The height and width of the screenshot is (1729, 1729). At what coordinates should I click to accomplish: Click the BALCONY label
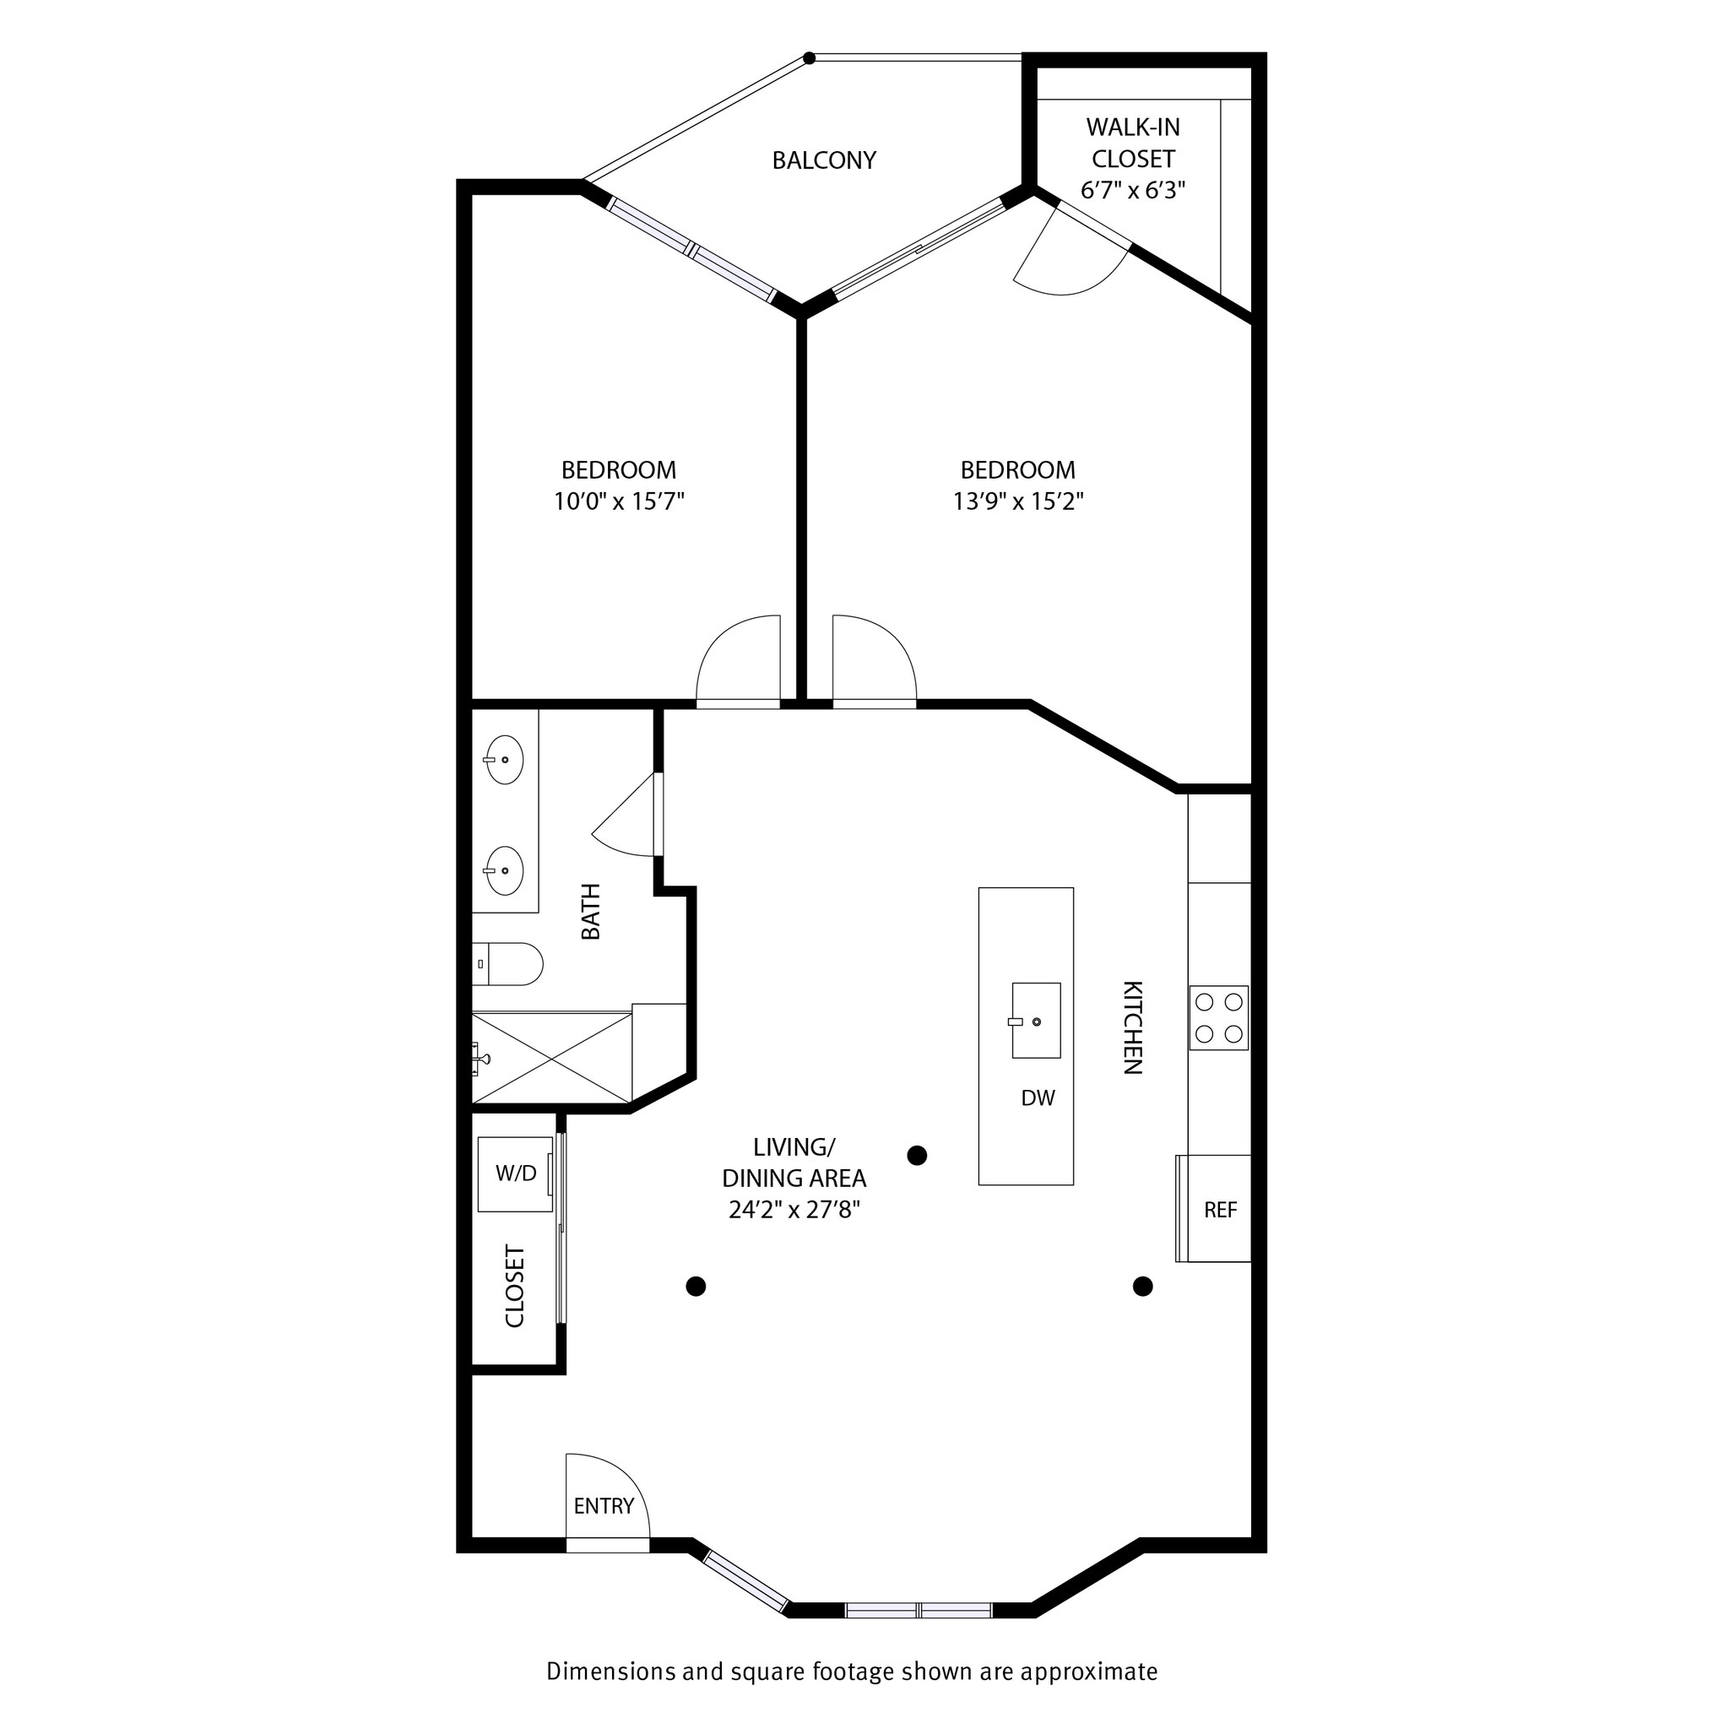pyautogui.click(x=823, y=160)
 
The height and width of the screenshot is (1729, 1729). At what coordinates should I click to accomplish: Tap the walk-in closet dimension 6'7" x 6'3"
pyautogui.click(x=1132, y=191)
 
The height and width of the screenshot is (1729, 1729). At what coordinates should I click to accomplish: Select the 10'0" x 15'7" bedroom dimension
pyautogui.click(x=618, y=501)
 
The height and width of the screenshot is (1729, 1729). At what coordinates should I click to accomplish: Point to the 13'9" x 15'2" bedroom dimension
pyautogui.click(x=1017, y=501)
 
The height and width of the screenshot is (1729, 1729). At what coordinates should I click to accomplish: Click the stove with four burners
pyautogui.click(x=1218, y=1017)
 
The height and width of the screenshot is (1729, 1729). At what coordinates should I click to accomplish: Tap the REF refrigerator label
pyautogui.click(x=1220, y=1210)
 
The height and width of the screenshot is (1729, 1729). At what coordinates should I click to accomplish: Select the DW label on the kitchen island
pyautogui.click(x=1038, y=1098)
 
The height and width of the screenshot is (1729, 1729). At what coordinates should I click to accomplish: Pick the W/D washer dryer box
pyautogui.click(x=515, y=1173)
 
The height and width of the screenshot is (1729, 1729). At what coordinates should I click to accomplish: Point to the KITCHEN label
pyautogui.click(x=1132, y=1027)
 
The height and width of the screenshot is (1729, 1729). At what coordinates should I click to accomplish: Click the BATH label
pyautogui.click(x=591, y=911)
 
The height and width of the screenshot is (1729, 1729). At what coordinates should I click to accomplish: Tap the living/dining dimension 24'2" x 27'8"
pyautogui.click(x=794, y=1210)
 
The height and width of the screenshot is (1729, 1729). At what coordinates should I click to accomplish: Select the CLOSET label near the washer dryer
pyautogui.click(x=515, y=1285)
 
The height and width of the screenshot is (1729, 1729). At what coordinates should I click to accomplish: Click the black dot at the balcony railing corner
pyautogui.click(x=809, y=58)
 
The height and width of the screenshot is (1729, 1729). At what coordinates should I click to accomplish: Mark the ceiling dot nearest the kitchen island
pyautogui.click(x=916, y=1156)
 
